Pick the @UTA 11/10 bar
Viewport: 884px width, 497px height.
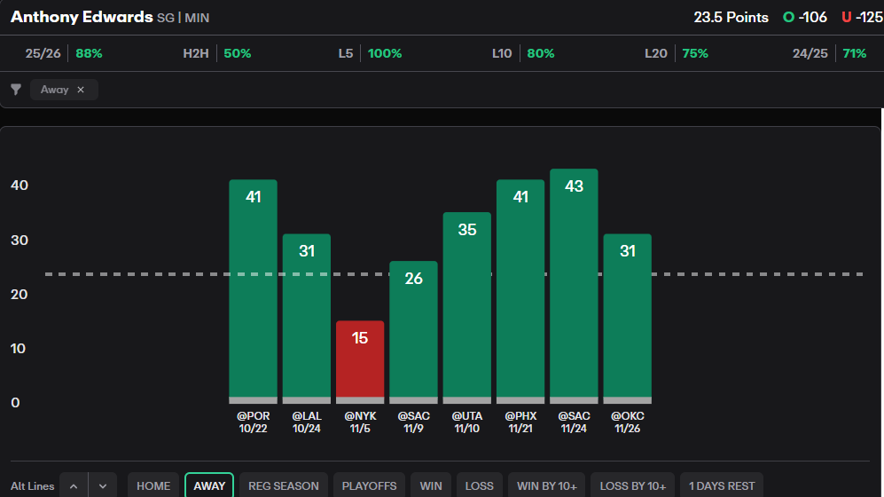coord(467,307)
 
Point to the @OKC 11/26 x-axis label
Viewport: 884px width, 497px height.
coord(627,422)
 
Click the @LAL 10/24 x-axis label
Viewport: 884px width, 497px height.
coord(307,422)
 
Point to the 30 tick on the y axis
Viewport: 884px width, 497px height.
coord(20,241)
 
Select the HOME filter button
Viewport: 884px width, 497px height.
coord(153,485)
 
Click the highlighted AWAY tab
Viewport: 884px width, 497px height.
coord(209,485)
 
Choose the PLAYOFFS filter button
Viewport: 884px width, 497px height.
coord(368,485)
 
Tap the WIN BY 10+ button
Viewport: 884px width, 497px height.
coord(546,485)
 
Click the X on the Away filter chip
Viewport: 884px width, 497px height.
coord(81,90)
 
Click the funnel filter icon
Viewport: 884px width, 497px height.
coord(16,90)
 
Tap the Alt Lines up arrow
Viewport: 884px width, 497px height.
coord(74,485)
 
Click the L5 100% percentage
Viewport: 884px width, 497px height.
coord(385,53)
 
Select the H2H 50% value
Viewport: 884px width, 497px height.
coord(238,53)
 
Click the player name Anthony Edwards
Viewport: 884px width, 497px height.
coord(82,17)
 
